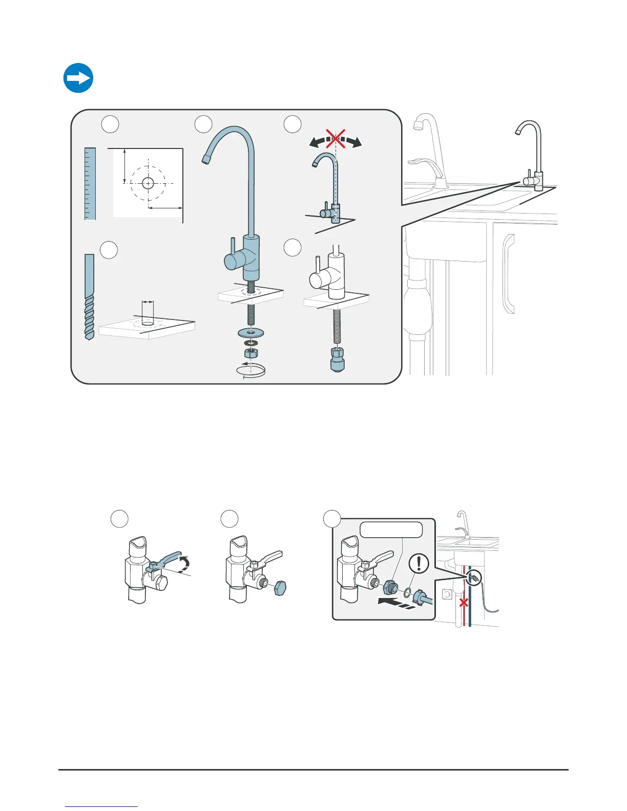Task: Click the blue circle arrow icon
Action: pos(78,78)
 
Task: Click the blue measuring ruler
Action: pos(90,184)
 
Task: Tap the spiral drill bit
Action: pos(89,297)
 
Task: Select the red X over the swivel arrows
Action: pos(336,139)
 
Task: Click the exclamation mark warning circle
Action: pos(420,564)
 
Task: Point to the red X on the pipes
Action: pos(463,603)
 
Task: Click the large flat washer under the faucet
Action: pos(250,333)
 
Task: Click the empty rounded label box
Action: pos(391,529)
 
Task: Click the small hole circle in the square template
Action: pos(148,183)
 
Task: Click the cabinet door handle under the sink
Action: pos(508,274)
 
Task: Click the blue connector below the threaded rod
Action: pos(337,359)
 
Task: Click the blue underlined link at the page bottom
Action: pos(102,806)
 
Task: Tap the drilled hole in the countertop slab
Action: pos(148,324)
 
